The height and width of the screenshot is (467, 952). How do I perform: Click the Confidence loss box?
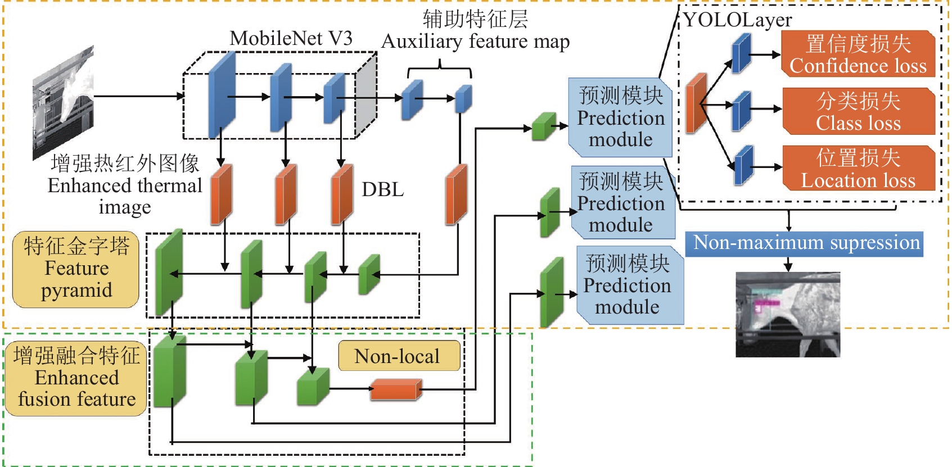(x=858, y=54)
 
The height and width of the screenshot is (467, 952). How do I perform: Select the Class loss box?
(x=858, y=111)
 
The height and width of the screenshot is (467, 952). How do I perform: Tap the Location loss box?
(x=858, y=169)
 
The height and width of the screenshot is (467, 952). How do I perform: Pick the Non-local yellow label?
(x=399, y=356)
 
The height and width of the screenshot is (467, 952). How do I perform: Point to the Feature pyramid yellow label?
(x=76, y=269)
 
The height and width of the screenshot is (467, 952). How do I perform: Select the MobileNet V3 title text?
(x=291, y=38)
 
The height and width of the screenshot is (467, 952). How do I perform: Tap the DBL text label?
(x=382, y=190)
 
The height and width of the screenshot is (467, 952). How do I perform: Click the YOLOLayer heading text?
(x=738, y=21)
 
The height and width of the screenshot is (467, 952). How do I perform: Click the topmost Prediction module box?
(x=621, y=117)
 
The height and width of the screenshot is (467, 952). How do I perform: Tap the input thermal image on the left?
(x=63, y=102)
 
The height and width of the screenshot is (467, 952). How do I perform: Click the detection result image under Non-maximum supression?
(x=787, y=315)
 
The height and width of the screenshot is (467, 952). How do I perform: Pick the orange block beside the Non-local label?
(x=396, y=389)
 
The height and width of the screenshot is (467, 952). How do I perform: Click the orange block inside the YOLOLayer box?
(x=696, y=103)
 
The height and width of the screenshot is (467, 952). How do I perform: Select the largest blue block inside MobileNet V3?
(x=222, y=95)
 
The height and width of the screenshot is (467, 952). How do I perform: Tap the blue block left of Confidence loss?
(x=741, y=53)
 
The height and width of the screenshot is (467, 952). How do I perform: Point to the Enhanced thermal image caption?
(x=125, y=185)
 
